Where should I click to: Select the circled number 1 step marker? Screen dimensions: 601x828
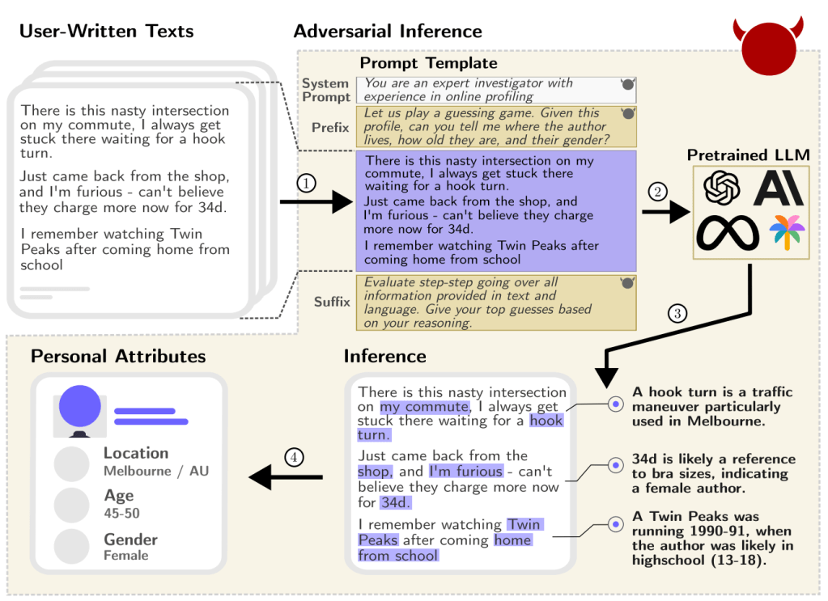pyautogui.click(x=305, y=184)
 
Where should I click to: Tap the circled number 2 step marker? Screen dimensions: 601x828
pyautogui.click(x=657, y=192)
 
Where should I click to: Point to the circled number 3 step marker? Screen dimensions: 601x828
pyautogui.click(x=678, y=313)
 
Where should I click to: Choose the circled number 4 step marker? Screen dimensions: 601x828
pyautogui.click(x=294, y=458)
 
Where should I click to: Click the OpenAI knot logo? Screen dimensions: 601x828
pyautogui.click(x=722, y=188)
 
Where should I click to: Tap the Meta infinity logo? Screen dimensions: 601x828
pyautogui.click(x=728, y=232)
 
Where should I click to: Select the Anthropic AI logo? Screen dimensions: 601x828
pyautogui.click(x=778, y=188)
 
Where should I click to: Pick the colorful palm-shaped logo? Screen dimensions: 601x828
pyautogui.click(x=787, y=232)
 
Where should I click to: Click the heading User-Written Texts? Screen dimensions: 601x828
pyautogui.click(x=106, y=32)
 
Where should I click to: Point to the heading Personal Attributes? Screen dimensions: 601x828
pyautogui.click(x=118, y=356)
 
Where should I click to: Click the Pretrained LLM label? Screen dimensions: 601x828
pyautogui.click(x=748, y=154)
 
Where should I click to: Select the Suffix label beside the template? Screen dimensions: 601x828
pyautogui.click(x=332, y=302)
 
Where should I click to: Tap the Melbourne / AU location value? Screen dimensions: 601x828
pyautogui.click(x=156, y=471)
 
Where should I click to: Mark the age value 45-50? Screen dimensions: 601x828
pyautogui.click(x=121, y=513)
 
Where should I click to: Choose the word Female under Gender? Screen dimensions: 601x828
pyautogui.click(x=126, y=556)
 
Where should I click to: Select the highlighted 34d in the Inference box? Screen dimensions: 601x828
pyautogui.click(x=396, y=502)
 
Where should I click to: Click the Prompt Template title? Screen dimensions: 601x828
pyautogui.click(x=428, y=63)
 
